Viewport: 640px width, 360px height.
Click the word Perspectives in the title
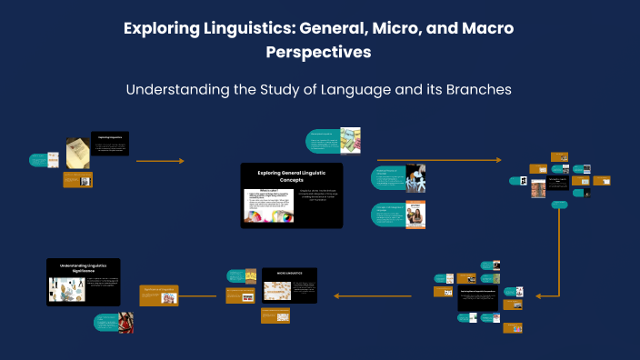318,53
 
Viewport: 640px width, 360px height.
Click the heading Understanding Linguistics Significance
83,267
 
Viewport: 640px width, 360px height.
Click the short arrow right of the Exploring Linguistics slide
160,161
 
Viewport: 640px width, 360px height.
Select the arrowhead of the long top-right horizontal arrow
497,160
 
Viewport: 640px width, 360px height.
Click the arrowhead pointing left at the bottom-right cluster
540,295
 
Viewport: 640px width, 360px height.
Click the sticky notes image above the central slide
350,139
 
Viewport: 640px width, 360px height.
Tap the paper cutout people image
415,178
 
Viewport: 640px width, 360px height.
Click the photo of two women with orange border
415,215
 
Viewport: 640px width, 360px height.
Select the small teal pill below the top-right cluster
560,205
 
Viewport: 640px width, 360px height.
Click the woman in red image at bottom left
125,322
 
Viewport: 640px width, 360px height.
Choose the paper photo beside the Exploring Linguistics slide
76,152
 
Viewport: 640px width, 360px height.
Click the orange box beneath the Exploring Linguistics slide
77,180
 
